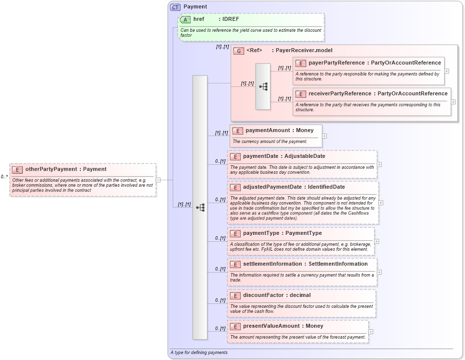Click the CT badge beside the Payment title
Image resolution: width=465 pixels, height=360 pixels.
[x=176, y=7]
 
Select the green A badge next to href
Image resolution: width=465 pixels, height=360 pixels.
[x=186, y=19]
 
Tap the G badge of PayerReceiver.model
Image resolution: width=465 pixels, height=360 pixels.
[x=239, y=51]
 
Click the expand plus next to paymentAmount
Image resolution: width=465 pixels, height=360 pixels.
[x=325, y=136]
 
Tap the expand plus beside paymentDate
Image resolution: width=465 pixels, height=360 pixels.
[x=379, y=164]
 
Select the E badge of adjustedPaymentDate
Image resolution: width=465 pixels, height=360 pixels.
[x=235, y=187]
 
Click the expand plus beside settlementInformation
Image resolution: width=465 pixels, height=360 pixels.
[x=379, y=272]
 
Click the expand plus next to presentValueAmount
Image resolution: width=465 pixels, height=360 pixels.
[x=371, y=332]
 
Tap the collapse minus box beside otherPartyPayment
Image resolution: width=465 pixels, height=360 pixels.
[x=158, y=180]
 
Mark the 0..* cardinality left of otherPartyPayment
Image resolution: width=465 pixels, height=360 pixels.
[x=4, y=177]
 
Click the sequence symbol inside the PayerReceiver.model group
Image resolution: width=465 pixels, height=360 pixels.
[x=263, y=86]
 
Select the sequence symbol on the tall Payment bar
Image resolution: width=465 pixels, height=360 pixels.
[x=200, y=208]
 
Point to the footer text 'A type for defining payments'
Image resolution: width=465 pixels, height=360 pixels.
[x=199, y=353]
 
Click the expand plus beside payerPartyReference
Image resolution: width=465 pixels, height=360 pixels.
[x=447, y=71]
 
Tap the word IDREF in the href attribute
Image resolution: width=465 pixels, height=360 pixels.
[x=232, y=19]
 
